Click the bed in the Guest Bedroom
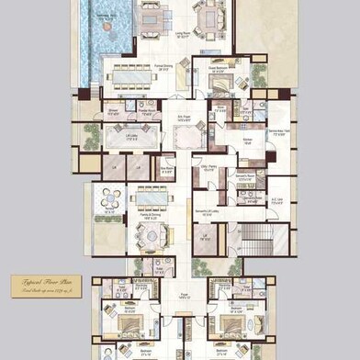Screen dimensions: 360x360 [223, 83]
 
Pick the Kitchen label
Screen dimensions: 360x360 [247, 140]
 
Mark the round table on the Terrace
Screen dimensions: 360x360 [111, 198]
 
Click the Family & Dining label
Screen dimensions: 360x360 [149, 218]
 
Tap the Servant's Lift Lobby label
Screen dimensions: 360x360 [206, 212]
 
